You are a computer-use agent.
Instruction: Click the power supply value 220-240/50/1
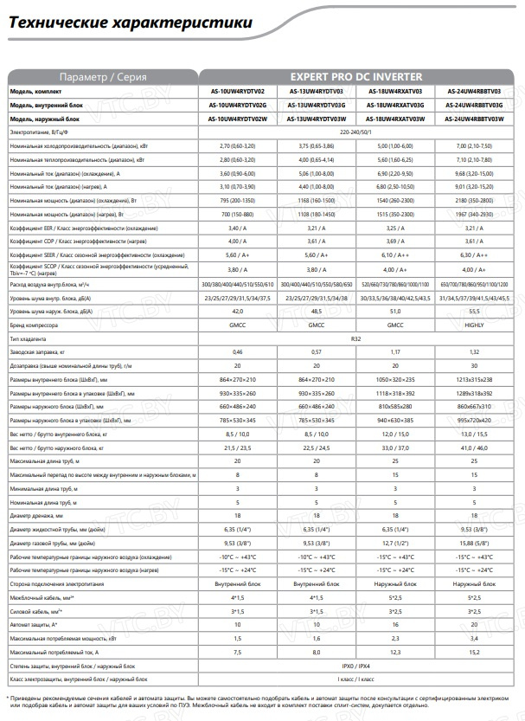pos(363,132)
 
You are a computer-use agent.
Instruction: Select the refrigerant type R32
pos(363,339)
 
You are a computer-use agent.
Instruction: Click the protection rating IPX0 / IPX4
pos(363,667)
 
